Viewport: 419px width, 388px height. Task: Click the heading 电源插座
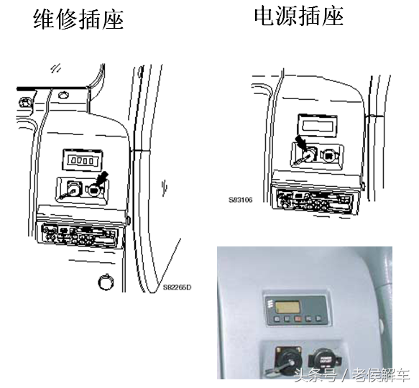tap(298, 17)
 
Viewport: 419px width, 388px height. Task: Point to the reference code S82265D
tap(178, 287)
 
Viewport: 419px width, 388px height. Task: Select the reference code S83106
tap(240, 200)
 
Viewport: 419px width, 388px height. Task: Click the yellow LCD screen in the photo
tap(287, 306)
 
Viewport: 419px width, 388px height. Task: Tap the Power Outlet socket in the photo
tap(324, 360)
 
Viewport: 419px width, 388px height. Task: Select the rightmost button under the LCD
tap(319, 319)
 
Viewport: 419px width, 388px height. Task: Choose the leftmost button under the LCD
tap(277, 319)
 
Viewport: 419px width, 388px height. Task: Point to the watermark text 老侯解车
tap(382, 376)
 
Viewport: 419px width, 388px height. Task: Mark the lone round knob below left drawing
tap(106, 282)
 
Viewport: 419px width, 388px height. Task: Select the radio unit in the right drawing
tap(316, 200)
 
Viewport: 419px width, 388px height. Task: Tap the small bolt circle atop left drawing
tap(63, 95)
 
